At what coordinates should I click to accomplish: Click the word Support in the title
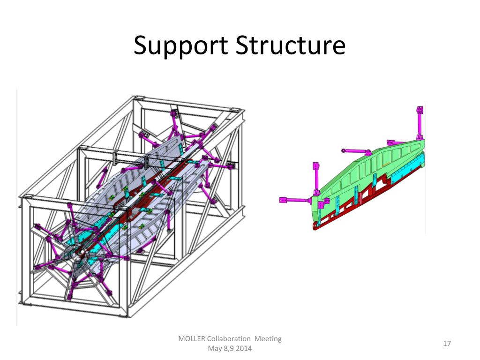point(180,46)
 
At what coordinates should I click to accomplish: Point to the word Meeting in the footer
point(268,339)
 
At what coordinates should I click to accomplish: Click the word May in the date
point(214,349)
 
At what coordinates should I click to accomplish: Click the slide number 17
point(447,344)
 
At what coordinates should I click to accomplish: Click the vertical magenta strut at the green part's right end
point(419,126)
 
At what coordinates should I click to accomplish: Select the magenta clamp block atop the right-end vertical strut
point(420,111)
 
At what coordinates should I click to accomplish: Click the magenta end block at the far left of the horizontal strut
point(283,200)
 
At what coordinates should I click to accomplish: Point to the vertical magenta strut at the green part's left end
point(315,180)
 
